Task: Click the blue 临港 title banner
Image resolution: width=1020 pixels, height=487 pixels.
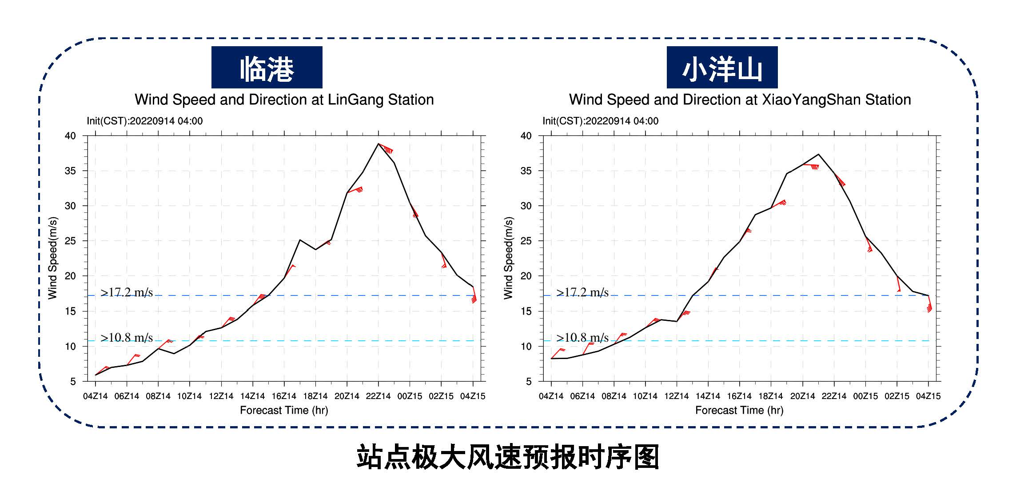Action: pos(267,67)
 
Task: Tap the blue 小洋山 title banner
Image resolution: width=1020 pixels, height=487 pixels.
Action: pos(722,67)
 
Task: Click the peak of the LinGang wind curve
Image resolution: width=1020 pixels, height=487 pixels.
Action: pos(378,144)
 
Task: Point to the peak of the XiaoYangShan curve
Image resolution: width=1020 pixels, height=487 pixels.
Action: pos(818,154)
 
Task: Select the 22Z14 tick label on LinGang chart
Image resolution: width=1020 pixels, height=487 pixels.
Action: pos(378,396)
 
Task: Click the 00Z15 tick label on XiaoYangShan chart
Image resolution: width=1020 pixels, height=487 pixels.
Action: pos(865,396)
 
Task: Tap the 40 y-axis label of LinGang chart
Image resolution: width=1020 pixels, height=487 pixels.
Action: pos(71,136)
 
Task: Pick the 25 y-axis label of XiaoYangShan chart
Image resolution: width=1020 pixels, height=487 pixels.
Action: pos(526,241)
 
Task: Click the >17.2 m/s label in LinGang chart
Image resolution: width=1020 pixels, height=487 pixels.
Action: pos(127,292)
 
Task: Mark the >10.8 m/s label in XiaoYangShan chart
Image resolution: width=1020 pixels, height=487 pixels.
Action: pos(582,338)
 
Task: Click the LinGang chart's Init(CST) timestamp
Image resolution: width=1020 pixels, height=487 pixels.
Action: pos(145,121)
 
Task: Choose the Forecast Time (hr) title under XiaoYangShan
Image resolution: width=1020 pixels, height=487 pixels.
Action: pos(739,410)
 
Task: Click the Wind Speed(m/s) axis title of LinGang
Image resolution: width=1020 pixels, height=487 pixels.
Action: pos(53,258)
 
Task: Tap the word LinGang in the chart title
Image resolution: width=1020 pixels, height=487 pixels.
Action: pos(356,100)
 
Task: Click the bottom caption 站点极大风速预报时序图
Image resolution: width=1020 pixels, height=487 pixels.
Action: pos(508,457)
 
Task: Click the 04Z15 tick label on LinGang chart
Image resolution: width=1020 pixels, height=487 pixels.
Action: pos(473,396)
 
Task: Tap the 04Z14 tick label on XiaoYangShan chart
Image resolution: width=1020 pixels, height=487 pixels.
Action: pos(551,396)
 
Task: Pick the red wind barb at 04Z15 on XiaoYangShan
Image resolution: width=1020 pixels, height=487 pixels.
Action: pos(929,304)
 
